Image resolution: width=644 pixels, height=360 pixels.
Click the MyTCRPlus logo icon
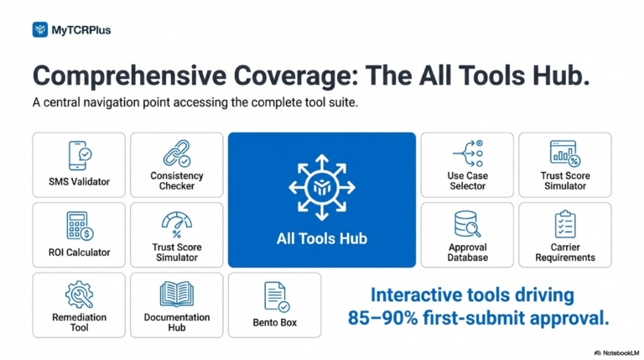(x=40, y=29)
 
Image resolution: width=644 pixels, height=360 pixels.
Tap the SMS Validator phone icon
(x=80, y=155)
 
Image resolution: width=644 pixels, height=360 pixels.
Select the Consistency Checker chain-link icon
(x=177, y=154)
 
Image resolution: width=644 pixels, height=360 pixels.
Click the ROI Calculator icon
(x=80, y=226)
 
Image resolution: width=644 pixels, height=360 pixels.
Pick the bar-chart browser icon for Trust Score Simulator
(x=565, y=154)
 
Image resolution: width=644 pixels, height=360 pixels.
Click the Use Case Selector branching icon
(x=467, y=154)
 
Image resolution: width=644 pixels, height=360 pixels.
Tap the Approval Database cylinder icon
(x=467, y=224)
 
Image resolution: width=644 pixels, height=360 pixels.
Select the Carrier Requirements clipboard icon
(x=565, y=224)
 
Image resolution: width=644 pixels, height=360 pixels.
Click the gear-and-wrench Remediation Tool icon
(x=80, y=295)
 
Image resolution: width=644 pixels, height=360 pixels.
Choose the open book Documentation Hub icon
(x=177, y=295)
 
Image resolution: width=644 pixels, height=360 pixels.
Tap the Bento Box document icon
(x=277, y=297)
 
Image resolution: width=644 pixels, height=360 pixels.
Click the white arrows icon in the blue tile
(x=322, y=187)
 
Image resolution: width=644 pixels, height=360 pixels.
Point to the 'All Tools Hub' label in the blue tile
(x=322, y=238)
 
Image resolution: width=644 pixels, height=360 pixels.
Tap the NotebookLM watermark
(x=616, y=353)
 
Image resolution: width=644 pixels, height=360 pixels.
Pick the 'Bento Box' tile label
(x=275, y=322)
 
